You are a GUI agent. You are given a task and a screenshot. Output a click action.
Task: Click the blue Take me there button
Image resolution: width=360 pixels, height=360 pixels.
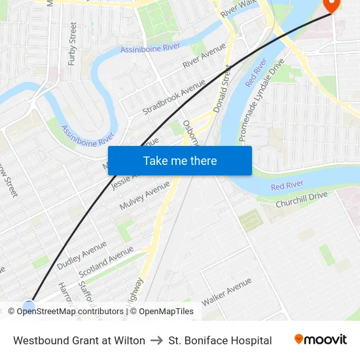pyautogui.click(x=179, y=161)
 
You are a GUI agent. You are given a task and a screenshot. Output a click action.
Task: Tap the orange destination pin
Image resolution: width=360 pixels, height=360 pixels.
pyautogui.click(x=332, y=5)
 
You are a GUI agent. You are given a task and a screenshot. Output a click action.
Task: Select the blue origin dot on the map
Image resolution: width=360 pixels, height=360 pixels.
pyautogui.click(x=28, y=306)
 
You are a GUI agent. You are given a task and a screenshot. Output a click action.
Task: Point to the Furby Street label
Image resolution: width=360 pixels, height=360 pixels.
pyautogui.click(x=72, y=44)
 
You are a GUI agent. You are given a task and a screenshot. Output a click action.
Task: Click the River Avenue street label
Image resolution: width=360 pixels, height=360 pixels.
pyautogui.click(x=204, y=56)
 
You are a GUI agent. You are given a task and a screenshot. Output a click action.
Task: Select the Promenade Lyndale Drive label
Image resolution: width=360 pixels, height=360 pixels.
pyautogui.click(x=262, y=100)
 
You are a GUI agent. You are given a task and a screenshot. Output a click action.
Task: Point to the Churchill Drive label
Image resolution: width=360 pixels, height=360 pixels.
pyautogui.click(x=301, y=200)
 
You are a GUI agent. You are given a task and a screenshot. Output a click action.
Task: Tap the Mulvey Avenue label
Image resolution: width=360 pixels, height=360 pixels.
pyautogui.click(x=145, y=196)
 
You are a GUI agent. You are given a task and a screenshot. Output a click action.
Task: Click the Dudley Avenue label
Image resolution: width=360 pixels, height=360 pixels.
pyautogui.click(x=82, y=255)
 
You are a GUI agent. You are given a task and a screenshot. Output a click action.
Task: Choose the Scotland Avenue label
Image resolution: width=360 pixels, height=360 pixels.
pyautogui.click(x=106, y=261)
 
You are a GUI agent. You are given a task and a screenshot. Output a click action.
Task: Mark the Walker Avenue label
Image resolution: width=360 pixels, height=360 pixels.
pyautogui.click(x=226, y=292)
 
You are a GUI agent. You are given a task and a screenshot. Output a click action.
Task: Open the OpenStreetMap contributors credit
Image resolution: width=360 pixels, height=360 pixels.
pyautogui.click(x=70, y=312)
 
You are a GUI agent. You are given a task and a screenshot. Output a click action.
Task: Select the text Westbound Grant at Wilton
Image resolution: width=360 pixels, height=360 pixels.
pyautogui.click(x=79, y=340)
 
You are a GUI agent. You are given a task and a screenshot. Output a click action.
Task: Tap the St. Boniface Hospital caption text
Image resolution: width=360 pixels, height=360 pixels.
pyautogui.click(x=220, y=340)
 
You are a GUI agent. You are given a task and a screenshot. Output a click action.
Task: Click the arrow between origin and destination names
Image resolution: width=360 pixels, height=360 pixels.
pyautogui.click(x=156, y=340)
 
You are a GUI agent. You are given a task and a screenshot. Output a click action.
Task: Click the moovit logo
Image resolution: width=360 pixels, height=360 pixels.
pyautogui.click(x=321, y=339)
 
